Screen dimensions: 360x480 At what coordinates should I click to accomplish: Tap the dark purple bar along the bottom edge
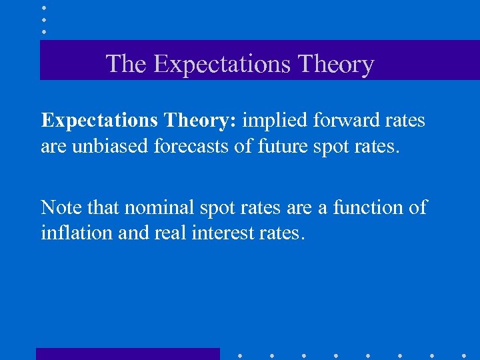point(127,353)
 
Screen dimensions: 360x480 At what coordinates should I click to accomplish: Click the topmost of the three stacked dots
point(44,7)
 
